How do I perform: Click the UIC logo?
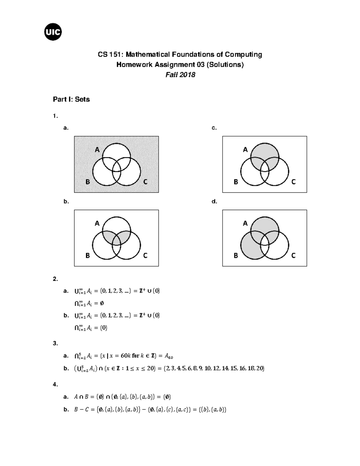point(53,32)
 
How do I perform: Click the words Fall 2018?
point(180,75)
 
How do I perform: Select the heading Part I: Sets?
point(71,99)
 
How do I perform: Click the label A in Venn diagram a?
point(97,150)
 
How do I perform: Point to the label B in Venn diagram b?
point(88,255)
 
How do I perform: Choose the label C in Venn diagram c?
point(293,182)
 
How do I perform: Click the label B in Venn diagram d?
point(236,255)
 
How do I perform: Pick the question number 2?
point(55,279)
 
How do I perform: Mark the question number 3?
point(55,344)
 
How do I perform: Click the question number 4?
point(55,384)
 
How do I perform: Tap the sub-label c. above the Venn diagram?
point(214,128)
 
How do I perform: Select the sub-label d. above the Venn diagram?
point(214,201)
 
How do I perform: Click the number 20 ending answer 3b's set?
point(260,368)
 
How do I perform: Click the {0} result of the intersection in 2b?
point(103,328)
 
